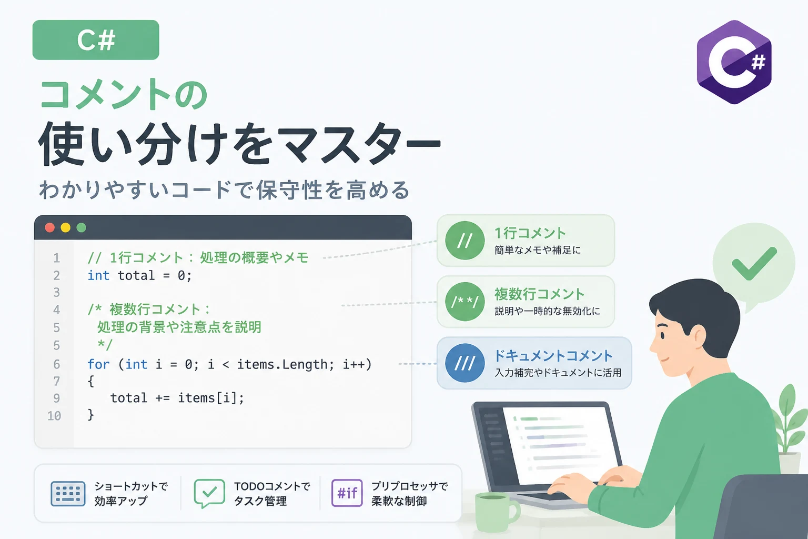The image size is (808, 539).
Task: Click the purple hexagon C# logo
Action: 734,62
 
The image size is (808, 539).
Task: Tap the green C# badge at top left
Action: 96,39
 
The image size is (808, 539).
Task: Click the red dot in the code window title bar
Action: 50,227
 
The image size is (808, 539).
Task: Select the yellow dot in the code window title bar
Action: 66,227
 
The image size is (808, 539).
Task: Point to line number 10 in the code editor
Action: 55,416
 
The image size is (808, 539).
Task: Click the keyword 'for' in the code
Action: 98,364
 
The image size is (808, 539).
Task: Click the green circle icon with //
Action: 464,241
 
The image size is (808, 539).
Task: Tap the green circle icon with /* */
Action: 464,302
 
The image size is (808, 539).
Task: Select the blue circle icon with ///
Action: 464,363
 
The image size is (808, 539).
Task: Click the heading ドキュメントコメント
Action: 553,356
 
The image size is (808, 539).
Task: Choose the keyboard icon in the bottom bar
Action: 68,494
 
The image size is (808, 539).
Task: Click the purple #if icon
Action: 347,493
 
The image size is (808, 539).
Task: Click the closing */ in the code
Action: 105,345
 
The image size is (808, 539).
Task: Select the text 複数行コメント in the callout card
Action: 539,295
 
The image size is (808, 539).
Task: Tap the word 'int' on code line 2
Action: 98,275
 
